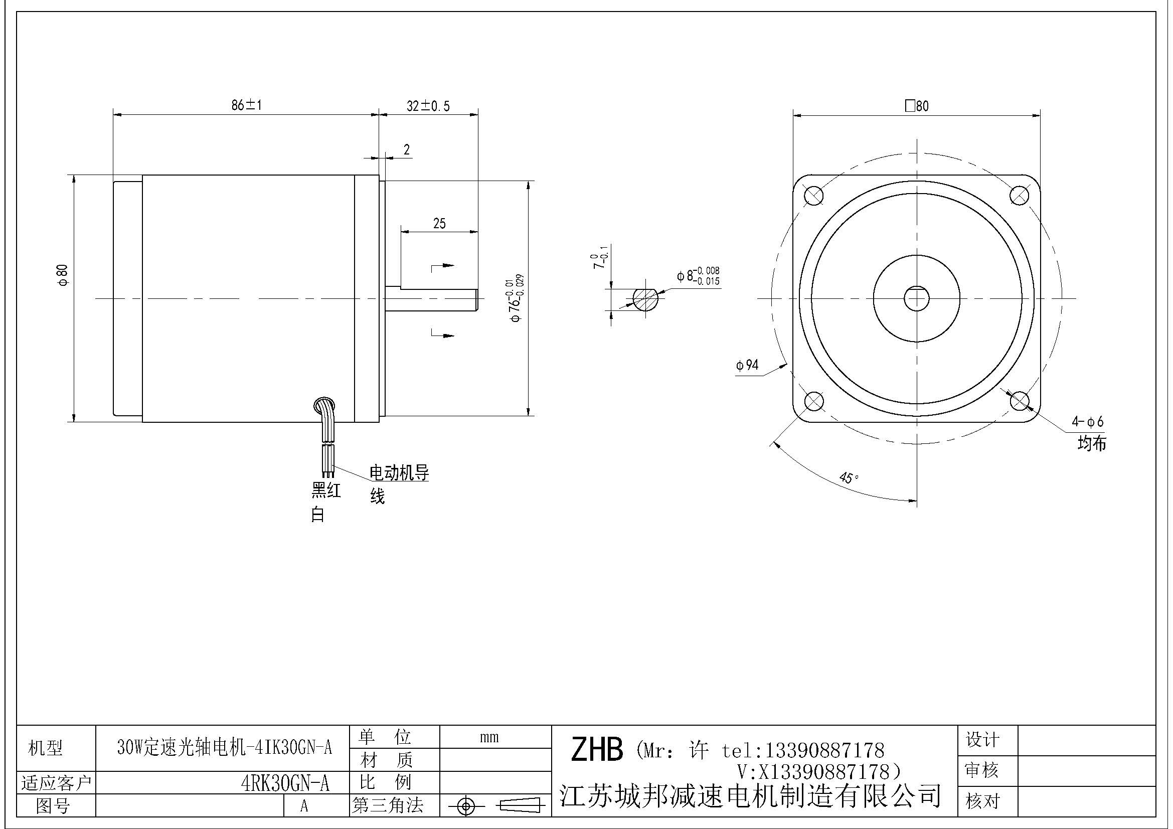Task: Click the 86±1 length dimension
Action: [x=246, y=105]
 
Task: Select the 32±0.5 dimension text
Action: [x=428, y=106]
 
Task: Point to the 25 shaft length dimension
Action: [x=439, y=223]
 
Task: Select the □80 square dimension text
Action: [x=917, y=106]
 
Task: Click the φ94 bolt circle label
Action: [x=747, y=365]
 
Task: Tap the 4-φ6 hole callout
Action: [x=1087, y=421]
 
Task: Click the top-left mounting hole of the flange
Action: [x=813, y=195]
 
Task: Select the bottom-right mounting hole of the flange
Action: [x=1020, y=401]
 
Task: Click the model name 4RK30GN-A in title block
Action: [x=285, y=783]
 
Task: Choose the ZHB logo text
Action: [x=596, y=749]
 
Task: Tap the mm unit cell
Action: [x=489, y=737]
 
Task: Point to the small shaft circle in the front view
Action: [x=917, y=298]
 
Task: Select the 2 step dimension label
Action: [x=407, y=149]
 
